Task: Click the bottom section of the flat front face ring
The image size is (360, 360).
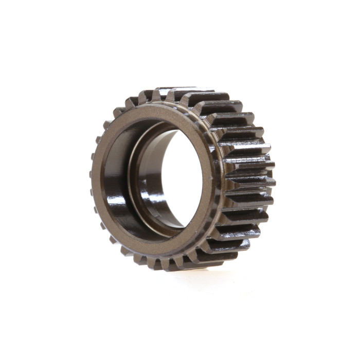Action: click(154, 246)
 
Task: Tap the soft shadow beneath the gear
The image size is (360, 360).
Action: click(206, 275)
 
